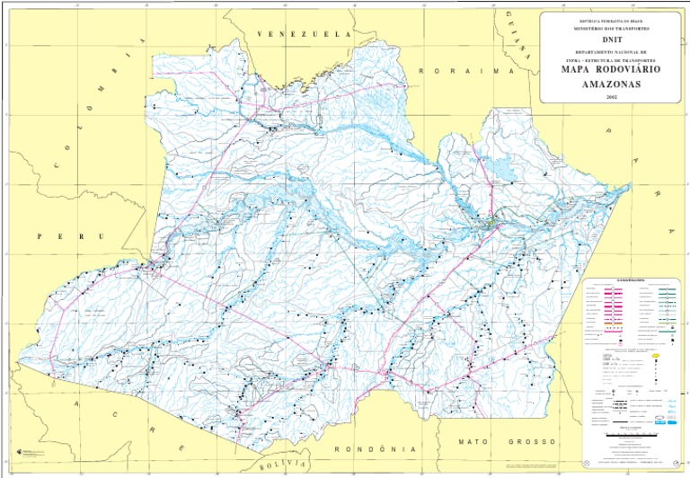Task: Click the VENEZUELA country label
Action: pyautogui.click(x=305, y=33)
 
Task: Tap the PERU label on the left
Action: pyautogui.click(x=70, y=236)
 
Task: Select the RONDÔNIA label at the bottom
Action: pyautogui.click(x=376, y=447)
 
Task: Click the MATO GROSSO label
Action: pyautogui.click(x=497, y=442)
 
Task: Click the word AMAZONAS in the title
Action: pyautogui.click(x=611, y=83)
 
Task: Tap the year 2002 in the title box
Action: pyautogui.click(x=611, y=96)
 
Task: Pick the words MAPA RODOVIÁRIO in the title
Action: pyautogui.click(x=611, y=69)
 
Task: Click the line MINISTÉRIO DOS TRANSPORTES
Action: pyautogui.click(x=611, y=28)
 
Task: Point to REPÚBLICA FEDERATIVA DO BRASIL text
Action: pyautogui.click(x=611, y=19)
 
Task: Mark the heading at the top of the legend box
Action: pyautogui.click(x=628, y=279)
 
